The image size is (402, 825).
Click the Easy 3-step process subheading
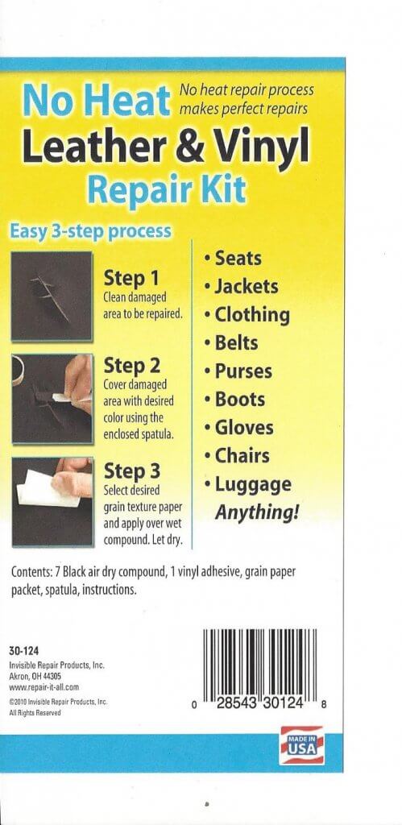90,231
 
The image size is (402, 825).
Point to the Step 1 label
130,279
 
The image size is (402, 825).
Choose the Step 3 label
131,470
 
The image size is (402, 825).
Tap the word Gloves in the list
243,427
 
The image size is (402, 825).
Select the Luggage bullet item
251,484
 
